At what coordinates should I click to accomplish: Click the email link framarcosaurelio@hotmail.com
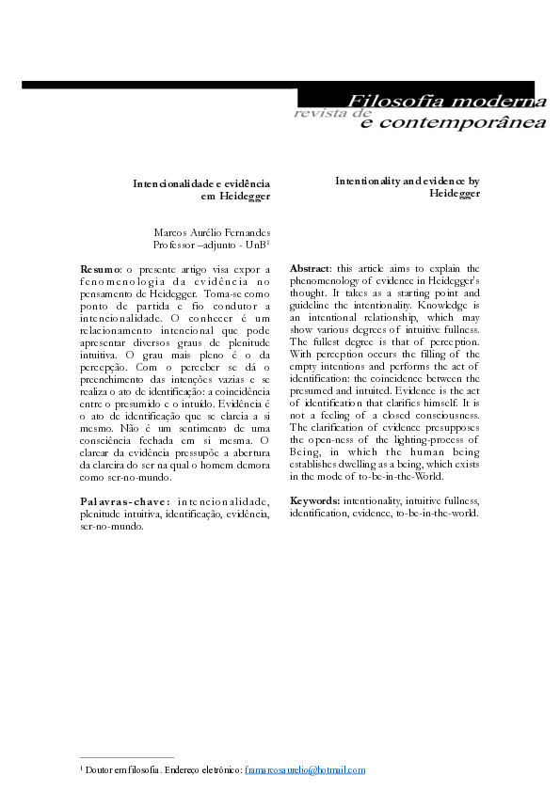(x=304, y=770)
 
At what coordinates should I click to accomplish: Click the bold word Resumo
(x=100, y=269)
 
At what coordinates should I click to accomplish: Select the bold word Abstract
(x=311, y=268)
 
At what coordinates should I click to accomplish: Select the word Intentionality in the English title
(x=369, y=180)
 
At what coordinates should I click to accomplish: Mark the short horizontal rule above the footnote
(x=127, y=757)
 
